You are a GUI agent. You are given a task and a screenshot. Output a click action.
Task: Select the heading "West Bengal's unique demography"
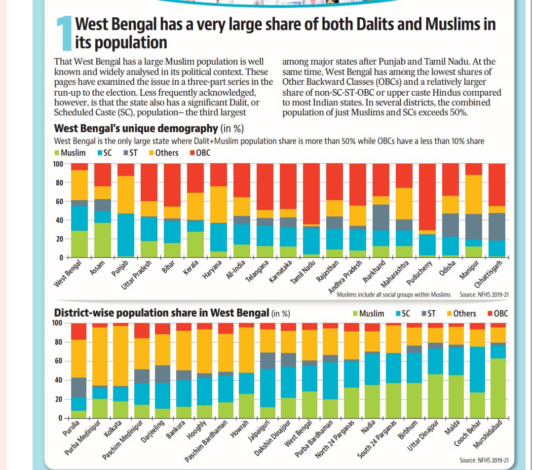tap(136, 129)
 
